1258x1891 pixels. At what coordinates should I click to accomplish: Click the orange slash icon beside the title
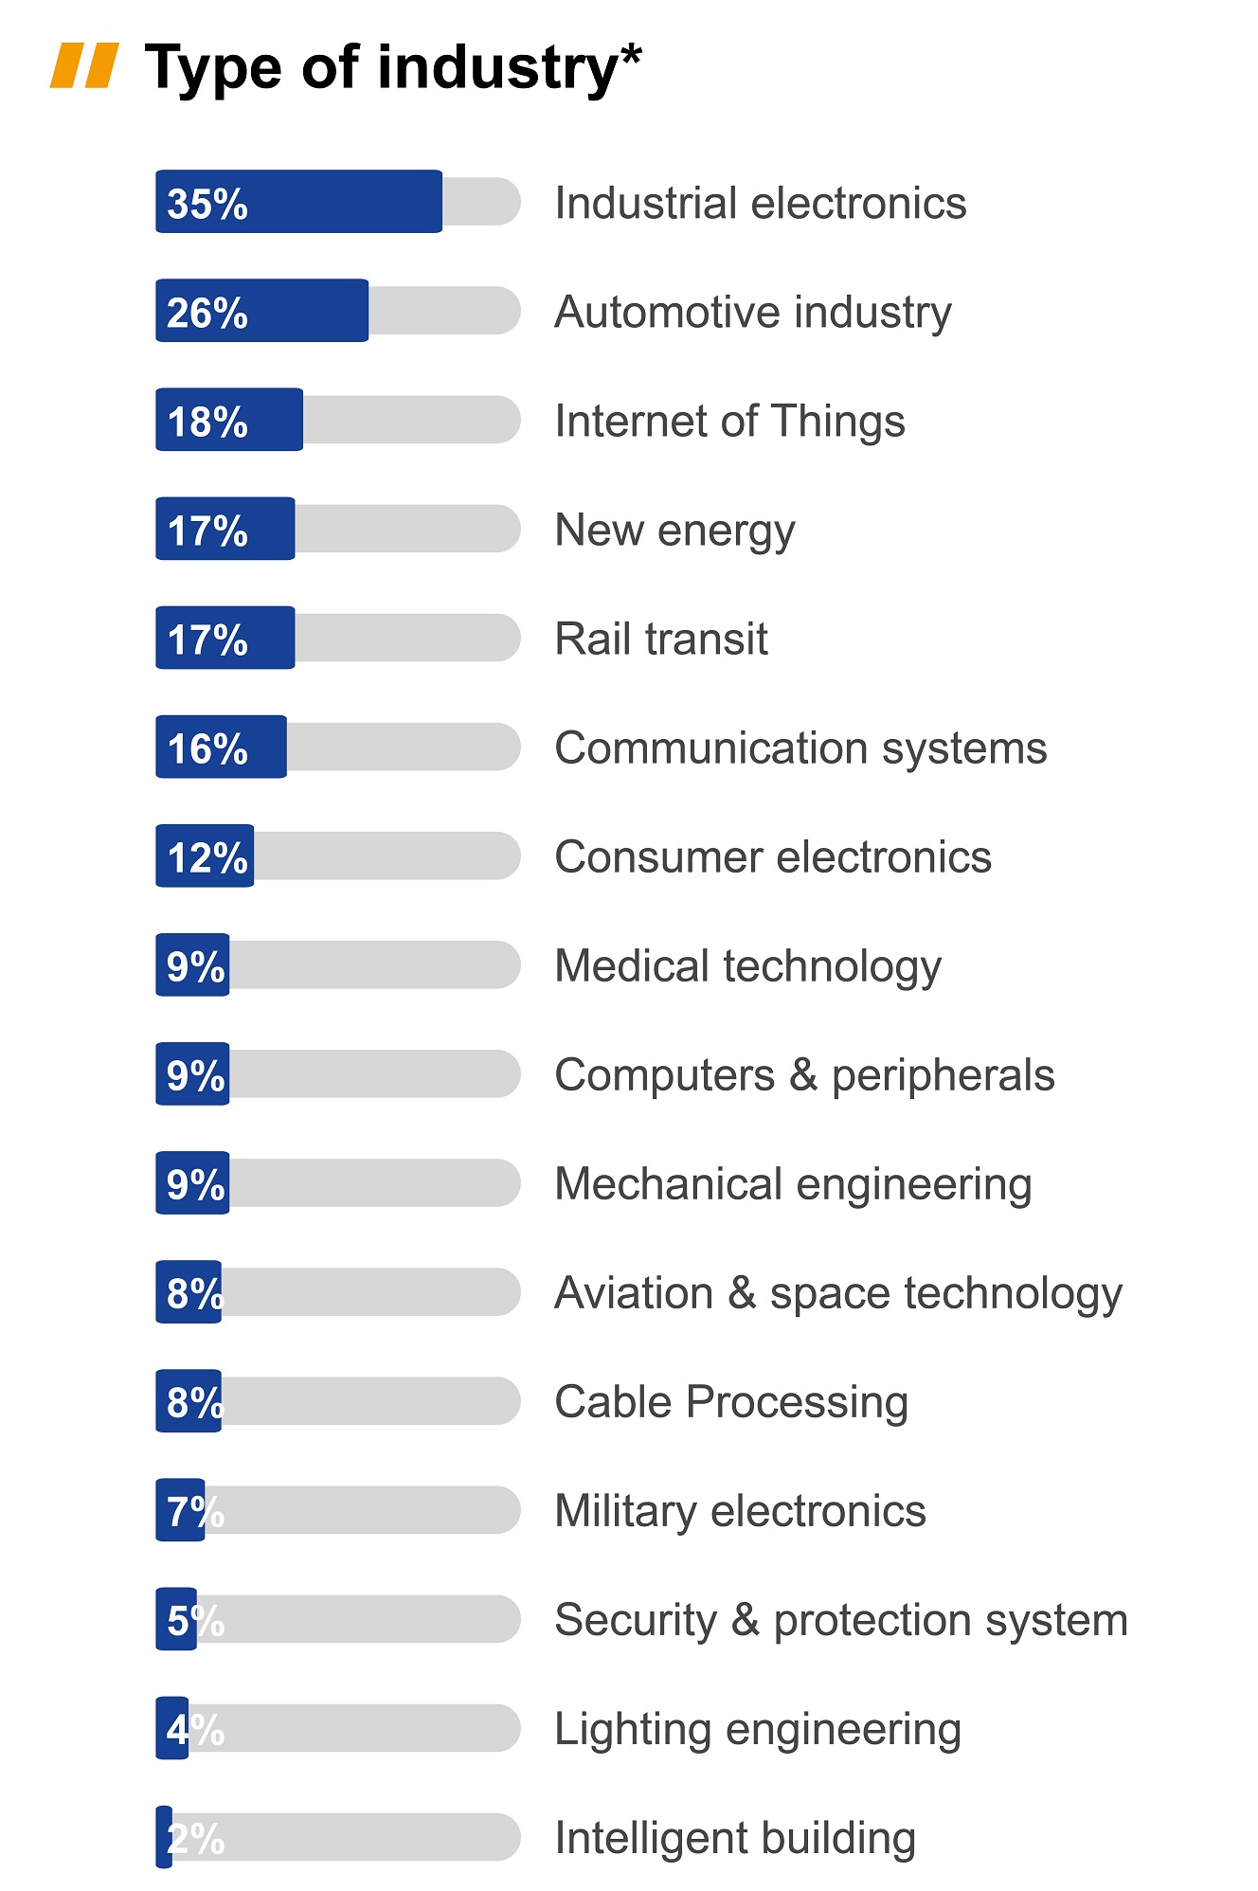tap(84, 65)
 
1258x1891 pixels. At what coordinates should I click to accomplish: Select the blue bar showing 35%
tap(298, 202)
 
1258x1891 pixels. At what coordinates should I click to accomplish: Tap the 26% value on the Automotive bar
tap(207, 313)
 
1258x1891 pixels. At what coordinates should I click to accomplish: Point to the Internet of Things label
tap(729, 421)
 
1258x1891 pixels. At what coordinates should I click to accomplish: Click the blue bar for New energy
tap(225, 529)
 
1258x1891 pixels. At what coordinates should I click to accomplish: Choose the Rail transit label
tap(660, 639)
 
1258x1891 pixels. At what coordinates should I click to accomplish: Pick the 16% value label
tap(207, 748)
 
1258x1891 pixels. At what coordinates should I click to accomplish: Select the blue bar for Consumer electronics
tap(205, 855)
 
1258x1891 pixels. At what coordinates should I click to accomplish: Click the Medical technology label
tap(747, 966)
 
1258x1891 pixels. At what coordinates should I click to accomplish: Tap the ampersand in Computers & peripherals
tap(802, 1075)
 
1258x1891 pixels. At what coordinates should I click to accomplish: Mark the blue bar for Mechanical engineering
tap(192, 1182)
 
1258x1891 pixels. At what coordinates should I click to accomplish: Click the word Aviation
tap(634, 1293)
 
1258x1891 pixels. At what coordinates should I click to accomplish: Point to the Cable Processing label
tap(730, 1402)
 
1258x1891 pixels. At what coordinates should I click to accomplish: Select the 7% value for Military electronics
tap(195, 1511)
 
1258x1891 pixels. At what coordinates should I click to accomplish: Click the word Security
tap(636, 1620)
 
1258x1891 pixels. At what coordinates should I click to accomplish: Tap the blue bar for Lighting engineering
tap(172, 1728)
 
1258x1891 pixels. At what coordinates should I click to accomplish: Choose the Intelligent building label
tap(734, 1838)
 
